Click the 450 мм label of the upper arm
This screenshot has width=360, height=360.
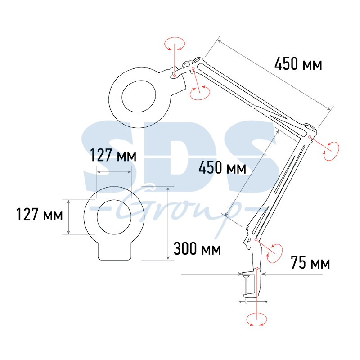[x=298, y=64]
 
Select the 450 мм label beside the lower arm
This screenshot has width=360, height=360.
[x=222, y=167]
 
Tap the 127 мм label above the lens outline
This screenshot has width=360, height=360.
[x=113, y=155]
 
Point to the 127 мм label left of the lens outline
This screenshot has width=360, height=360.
[x=40, y=215]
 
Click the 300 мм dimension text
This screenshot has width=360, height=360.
[x=197, y=249]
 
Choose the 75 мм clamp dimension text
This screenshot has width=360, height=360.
[x=310, y=263]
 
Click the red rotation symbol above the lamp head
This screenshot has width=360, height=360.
[x=175, y=44]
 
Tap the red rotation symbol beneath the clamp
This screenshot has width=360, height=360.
[x=256, y=319]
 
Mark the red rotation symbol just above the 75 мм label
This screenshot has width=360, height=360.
[x=275, y=253]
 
